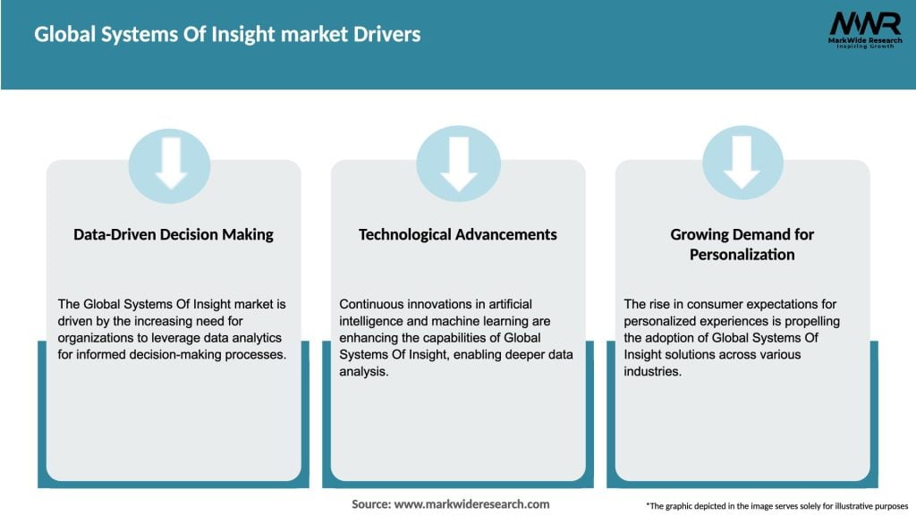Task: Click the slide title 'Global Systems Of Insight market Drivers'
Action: coord(227,35)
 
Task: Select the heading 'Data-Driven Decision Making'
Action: coord(174,234)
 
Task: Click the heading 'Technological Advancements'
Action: coord(458,234)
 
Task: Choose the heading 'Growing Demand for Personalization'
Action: coord(742,244)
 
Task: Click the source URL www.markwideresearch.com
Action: coord(473,504)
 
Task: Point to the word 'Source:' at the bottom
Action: coord(371,504)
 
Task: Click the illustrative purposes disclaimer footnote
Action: coord(776,505)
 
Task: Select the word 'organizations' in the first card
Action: coord(94,338)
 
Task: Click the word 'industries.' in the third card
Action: coord(654,372)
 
